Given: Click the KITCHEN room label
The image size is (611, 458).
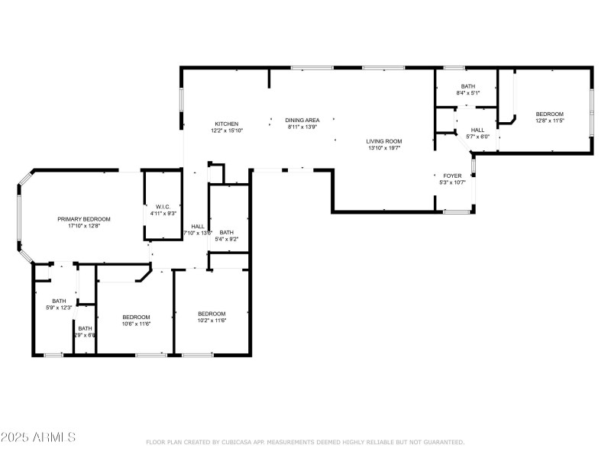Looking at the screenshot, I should point(226,124).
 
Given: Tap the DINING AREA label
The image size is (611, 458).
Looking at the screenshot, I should point(302,120).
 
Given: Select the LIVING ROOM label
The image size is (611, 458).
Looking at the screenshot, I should point(383,141).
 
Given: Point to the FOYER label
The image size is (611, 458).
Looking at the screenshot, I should point(452,176).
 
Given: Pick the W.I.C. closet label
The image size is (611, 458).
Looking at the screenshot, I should point(163,206).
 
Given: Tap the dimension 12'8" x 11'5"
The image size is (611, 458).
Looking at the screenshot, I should point(549,121).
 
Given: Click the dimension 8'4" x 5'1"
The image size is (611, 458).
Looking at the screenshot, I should point(467,93).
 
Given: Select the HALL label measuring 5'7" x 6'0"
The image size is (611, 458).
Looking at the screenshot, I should point(477,130).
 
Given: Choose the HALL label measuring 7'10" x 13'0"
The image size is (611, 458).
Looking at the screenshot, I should point(198,226).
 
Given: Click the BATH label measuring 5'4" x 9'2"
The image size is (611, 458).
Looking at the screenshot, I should point(227,232).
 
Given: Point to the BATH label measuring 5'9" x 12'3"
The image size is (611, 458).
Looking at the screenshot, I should point(59,301).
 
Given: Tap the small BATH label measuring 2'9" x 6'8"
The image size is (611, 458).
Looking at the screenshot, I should point(84,328).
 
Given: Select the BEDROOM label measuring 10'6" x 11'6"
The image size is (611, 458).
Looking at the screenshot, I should point(137,317).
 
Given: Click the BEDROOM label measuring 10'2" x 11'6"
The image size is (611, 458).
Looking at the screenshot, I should point(212,314).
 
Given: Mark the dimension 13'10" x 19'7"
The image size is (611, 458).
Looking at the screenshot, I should point(383,148).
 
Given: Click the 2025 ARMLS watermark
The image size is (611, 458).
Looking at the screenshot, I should point(38,437).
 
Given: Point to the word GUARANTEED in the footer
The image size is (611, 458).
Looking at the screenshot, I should point(441,442).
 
